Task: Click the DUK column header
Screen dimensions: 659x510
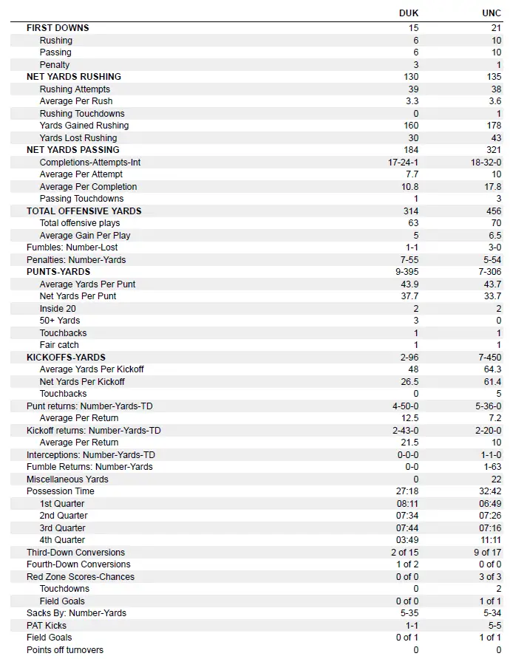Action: point(409,13)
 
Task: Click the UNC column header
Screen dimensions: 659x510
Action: point(492,13)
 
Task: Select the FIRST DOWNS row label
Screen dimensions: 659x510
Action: point(58,28)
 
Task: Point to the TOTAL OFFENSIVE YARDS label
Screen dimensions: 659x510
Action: point(84,211)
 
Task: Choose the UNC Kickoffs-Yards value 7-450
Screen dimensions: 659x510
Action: point(489,357)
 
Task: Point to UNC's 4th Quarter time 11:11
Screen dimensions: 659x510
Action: point(491,540)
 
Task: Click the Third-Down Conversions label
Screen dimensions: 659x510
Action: point(76,553)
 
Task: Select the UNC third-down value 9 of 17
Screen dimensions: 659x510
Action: point(489,553)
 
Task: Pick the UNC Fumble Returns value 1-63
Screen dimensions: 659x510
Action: point(492,467)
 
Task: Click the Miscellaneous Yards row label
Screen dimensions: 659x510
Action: point(67,479)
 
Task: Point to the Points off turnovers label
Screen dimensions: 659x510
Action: point(65,650)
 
